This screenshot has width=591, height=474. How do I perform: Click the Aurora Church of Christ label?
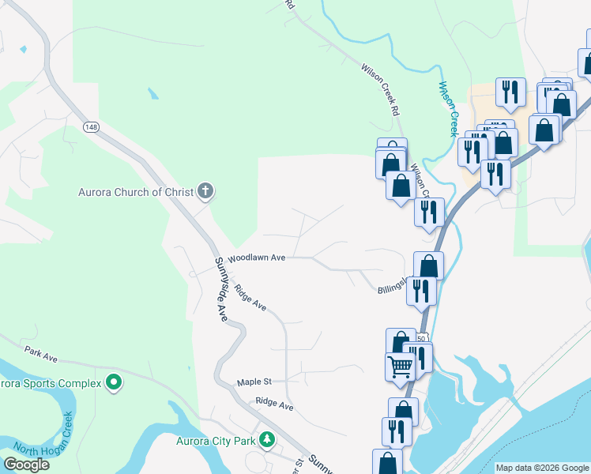pyautogui.click(x=136, y=191)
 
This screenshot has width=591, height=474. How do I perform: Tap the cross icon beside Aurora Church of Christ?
pyautogui.click(x=205, y=190)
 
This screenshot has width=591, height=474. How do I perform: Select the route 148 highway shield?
pyautogui.click(x=91, y=126)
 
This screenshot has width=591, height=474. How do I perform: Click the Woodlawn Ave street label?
pyautogui.click(x=256, y=258)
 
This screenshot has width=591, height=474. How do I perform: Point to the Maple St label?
pyautogui.click(x=254, y=382)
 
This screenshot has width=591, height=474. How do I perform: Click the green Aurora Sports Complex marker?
pyautogui.click(x=114, y=383)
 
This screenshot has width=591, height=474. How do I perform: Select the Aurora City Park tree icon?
pyautogui.click(x=268, y=438)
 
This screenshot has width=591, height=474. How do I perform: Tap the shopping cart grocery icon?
pyautogui.click(x=401, y=367)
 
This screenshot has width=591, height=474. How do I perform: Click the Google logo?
pyautogui.click(x=26, y=465)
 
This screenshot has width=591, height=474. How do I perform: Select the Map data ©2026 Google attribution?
pyautogui.click(x=542, y=468)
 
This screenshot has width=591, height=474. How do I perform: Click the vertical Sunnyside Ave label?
pyautogui.click(x=223, y=289)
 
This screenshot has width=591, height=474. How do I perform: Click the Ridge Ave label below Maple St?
pyautogui.click(x=274, y=406)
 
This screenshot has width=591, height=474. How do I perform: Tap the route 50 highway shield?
pyautogui.click(x=421, y=337)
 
